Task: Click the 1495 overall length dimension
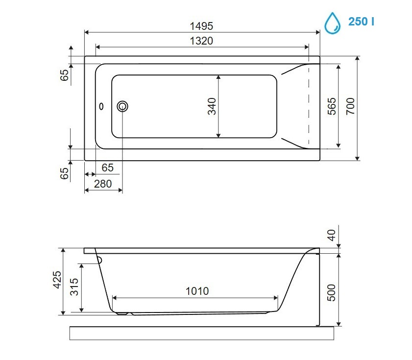pyautogui.click(x=201, y=26)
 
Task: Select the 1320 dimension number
pyautogui.click(x=201, y=41)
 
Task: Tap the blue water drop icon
pyautogui.click(x=332, y=23)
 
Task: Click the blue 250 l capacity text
pyautogui.click(x=361, y=22)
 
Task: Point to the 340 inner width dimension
pyautogui.click(x=212, y=106)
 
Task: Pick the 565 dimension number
pyautogui.click(x=332, y=106)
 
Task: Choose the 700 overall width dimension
pyautogui.click(x=350, y=106)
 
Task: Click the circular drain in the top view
pyautogui.click(x=122, y=106)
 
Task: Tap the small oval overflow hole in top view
pyautogui.click(x=101, y=106)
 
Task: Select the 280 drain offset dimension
pyautogui.click(x=103, y=184)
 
